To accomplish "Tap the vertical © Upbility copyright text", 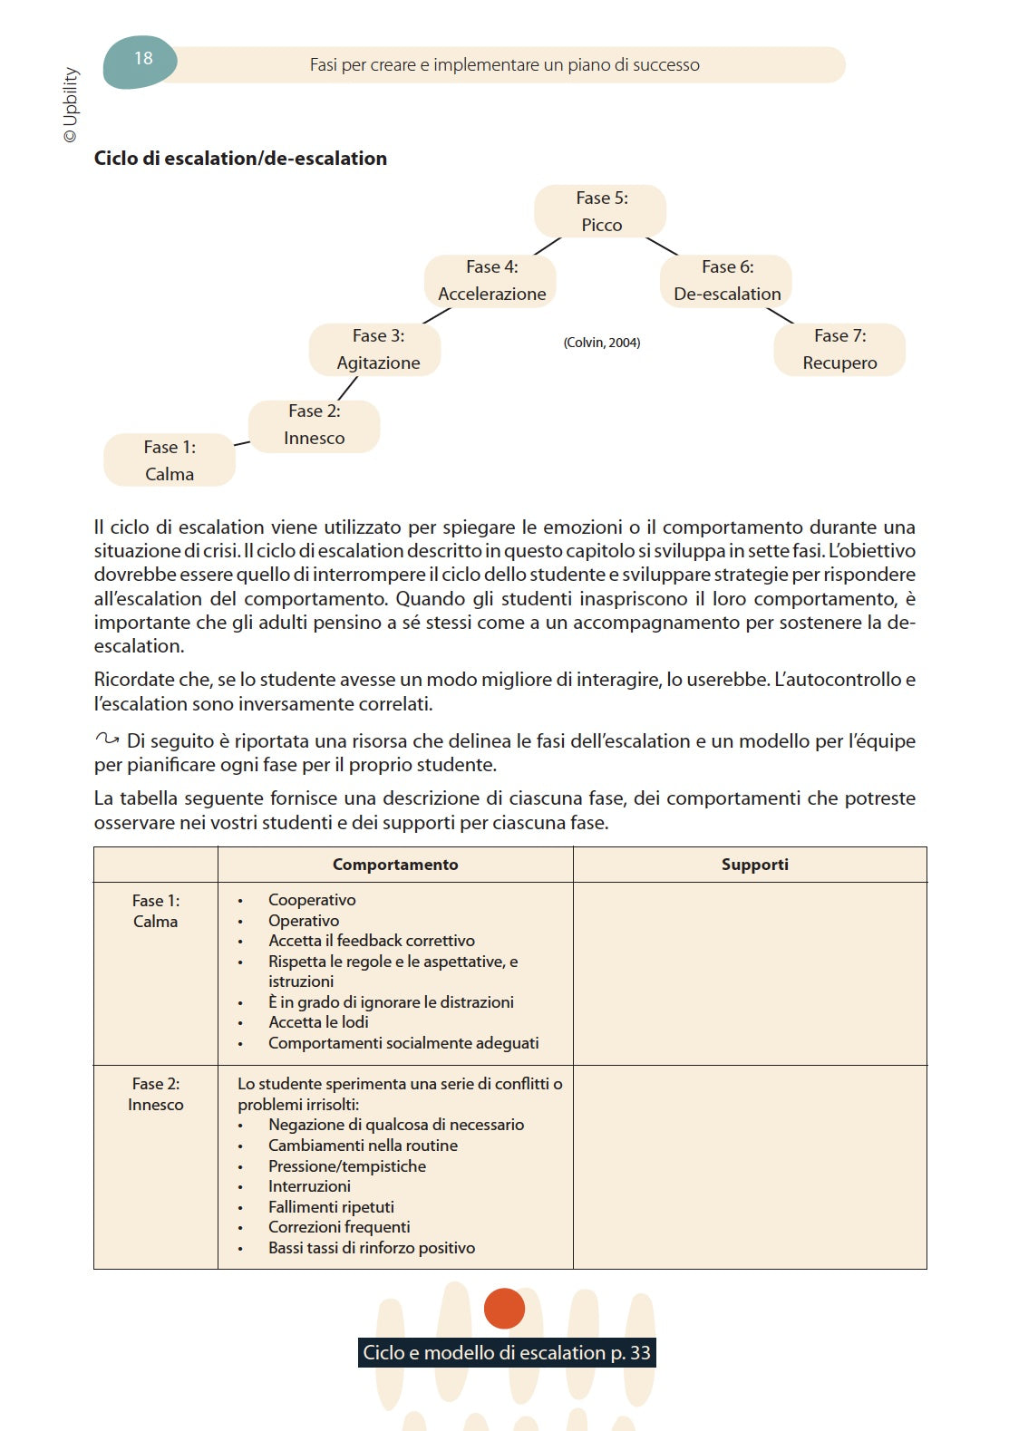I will click(71, 104).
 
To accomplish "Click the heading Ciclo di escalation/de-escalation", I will click(240, 159).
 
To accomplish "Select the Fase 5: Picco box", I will click(600, 211).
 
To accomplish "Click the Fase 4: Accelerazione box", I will click(490, 280).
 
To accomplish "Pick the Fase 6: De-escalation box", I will click(726, 280).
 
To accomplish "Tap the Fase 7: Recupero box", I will click(839, 349).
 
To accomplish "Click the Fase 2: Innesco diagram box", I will click(314, 425).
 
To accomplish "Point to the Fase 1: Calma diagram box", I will click(170, 460).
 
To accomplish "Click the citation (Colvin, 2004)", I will click(601, 343).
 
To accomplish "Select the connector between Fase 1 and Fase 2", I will click(242, 443).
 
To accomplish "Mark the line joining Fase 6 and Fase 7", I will click(780, 315).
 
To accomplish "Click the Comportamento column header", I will click(395, 865).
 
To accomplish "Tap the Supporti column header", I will click(754, 865).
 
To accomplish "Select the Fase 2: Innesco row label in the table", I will click(156, 1094).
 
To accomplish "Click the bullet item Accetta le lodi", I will click(318, 1022).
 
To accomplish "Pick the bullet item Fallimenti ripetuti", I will click(331, 1207).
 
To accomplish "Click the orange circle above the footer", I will click(505, 1309).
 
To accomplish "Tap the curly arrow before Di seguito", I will click(107, 740).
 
